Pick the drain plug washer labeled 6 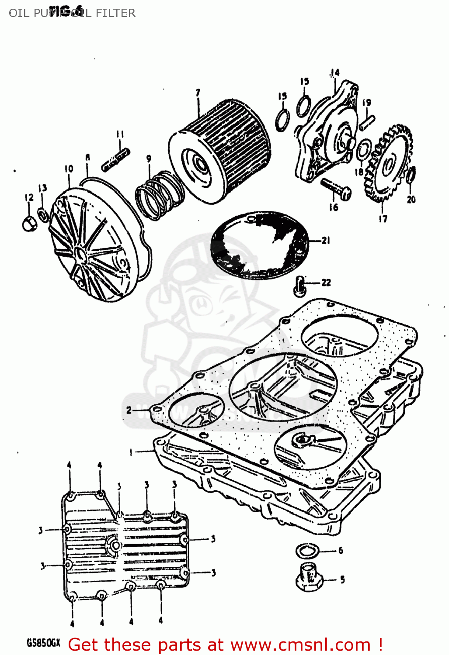(x=307, y=551)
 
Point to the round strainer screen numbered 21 (x=260, y=245)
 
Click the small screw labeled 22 (x=299, y=285)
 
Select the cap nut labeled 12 (x=29, y=223)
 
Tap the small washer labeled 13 (x=43, y=214)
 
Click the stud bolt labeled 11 (x=115, y=160)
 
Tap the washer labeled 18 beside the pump (x=363, y=151)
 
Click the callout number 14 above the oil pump (x=335, y=72)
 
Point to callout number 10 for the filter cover (x=69, y=169)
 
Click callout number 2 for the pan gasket (x=129, y=410)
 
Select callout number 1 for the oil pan (x=130, y=452)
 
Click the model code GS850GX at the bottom (x=43, y=643)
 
